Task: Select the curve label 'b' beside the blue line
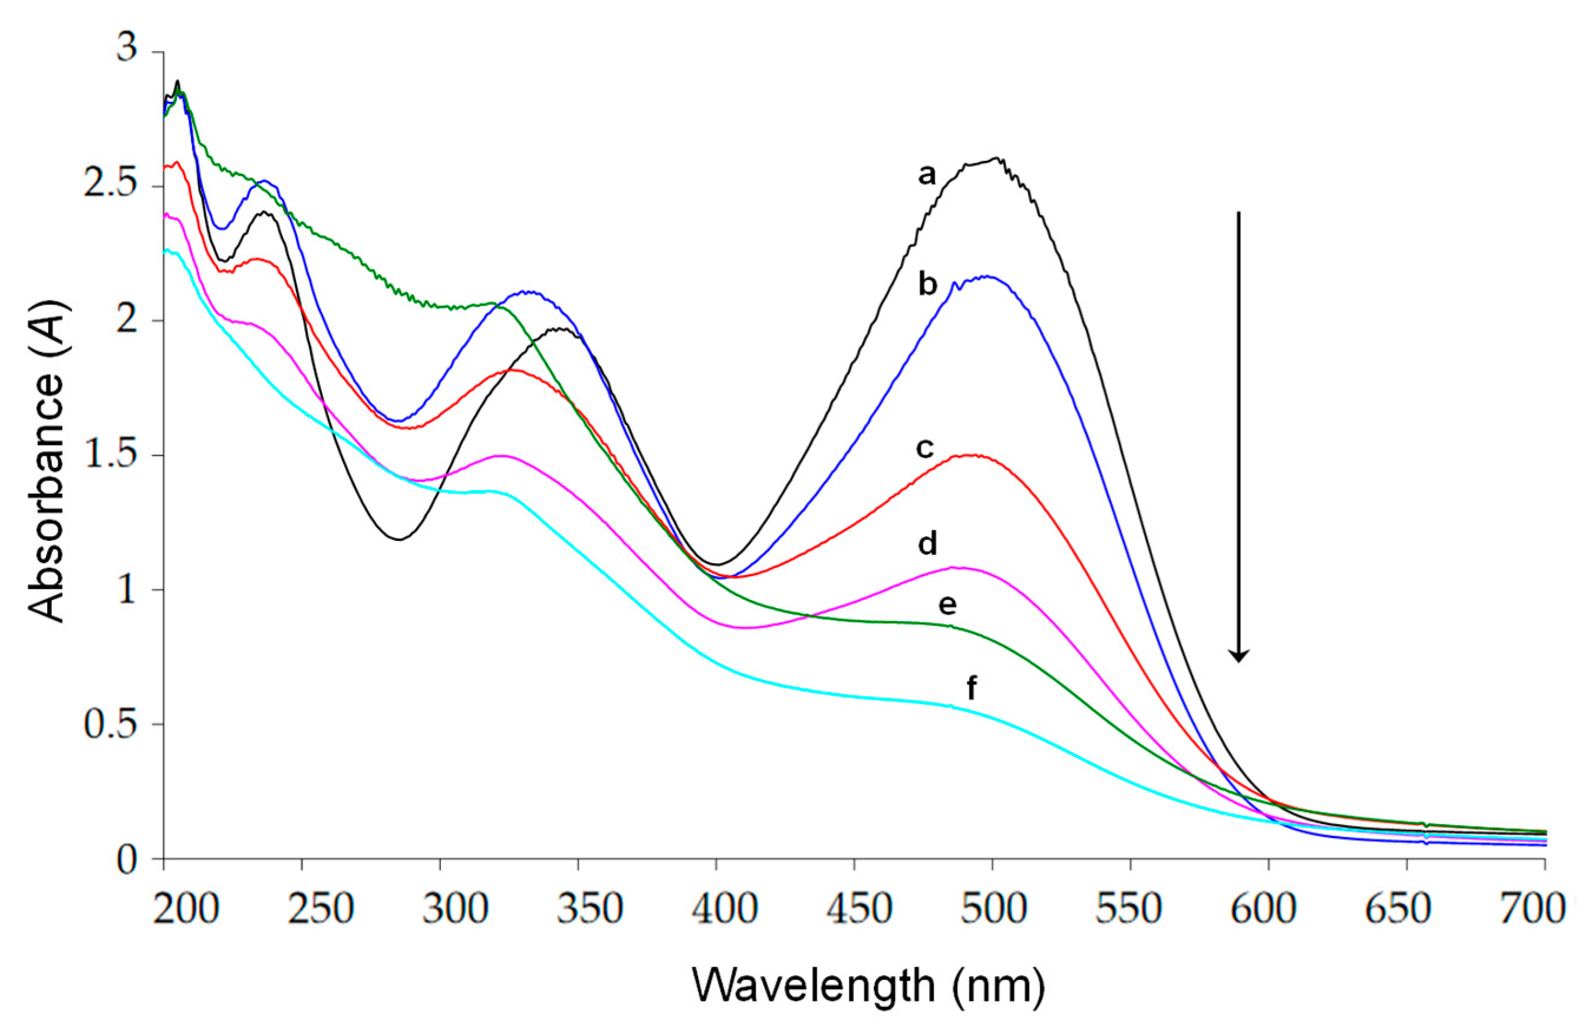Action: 928,285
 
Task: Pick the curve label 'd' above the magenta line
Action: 928,544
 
